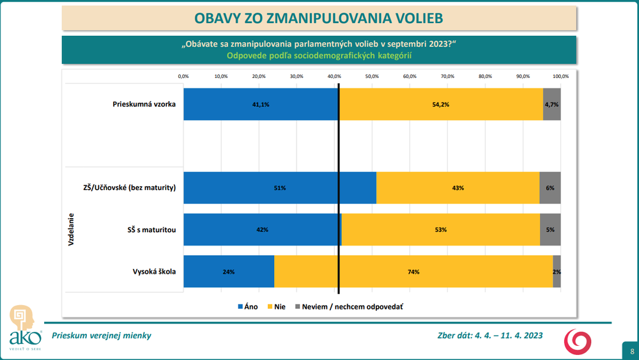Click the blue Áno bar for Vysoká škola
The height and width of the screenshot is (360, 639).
(228, 272)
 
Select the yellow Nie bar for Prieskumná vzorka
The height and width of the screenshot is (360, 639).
(441, 104)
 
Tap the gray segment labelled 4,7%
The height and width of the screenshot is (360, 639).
(551, 104)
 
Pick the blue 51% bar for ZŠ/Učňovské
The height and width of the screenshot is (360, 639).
(279, 188)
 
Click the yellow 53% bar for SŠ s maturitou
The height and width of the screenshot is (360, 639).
(441, 230)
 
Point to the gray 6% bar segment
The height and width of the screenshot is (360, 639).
(550, 188)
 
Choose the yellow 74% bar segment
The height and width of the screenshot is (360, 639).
(413, 272)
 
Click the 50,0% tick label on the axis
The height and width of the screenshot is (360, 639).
(372, 77)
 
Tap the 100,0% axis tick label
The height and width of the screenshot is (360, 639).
(560, 77)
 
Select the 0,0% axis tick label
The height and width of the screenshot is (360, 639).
(183, 77)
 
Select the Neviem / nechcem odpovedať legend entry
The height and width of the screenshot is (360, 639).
(348, 306)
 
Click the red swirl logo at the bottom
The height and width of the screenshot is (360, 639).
(577, 341)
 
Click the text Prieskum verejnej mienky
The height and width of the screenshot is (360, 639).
(102, 336)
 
